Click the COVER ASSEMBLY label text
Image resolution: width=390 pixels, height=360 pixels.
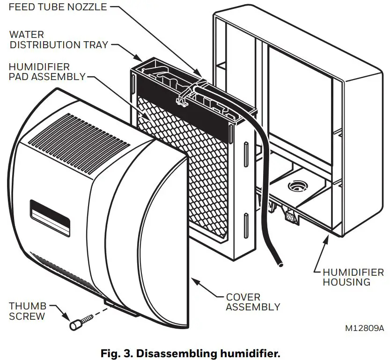253,302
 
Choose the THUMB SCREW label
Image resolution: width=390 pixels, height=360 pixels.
28,311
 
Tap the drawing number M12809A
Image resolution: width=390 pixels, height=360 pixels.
364,328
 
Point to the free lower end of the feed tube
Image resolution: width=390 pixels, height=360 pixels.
280,265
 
